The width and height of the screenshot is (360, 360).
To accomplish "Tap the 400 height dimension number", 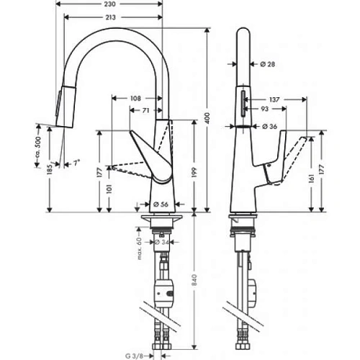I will (x=210, y=119).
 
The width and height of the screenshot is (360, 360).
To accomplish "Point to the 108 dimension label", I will (x=137, y=98).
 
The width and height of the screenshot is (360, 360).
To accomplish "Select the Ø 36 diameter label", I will (x=270, y=127).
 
